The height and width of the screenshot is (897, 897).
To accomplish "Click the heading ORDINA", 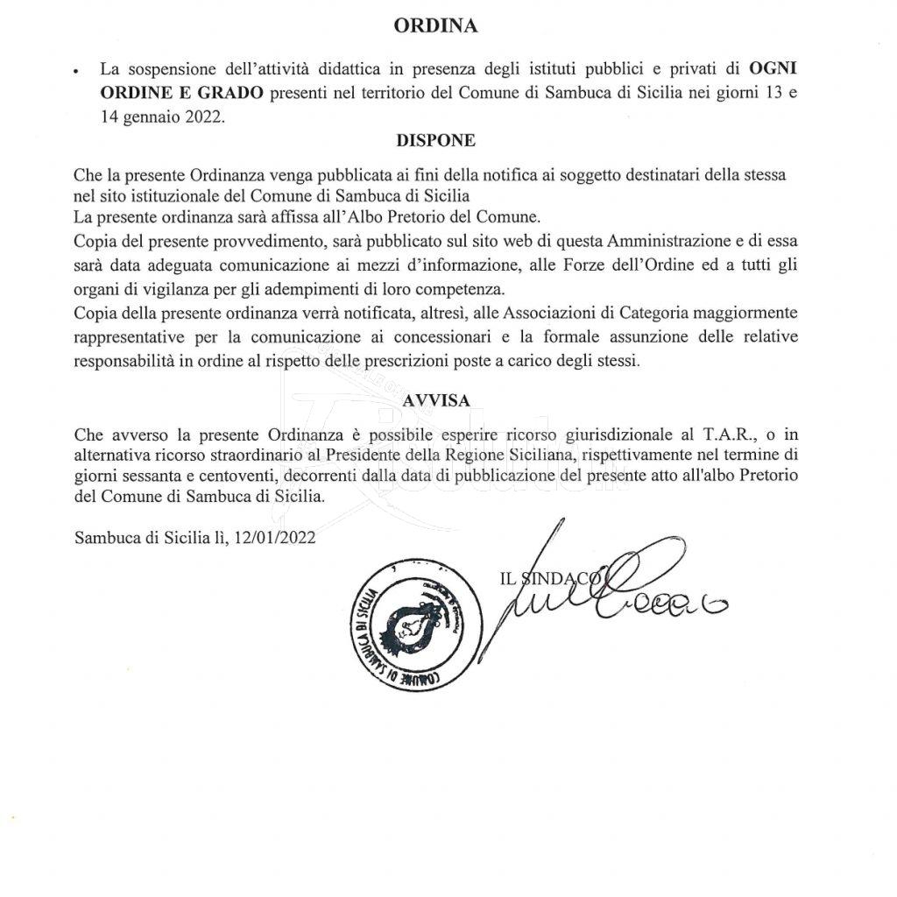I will pyautogui.click(x=435, y=25).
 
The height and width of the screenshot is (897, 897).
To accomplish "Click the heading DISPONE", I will pyautogui.click(x=435, y=140).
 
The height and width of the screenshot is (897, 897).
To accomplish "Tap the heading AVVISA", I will pyautogui.click(x=436, y=399).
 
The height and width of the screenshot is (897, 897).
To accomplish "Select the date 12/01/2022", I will pyautogui.click(x=275, y=539).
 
